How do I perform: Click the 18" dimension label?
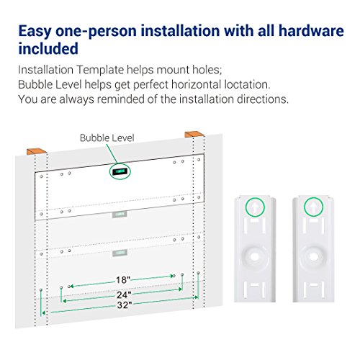coord(123,280)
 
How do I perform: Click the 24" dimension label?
coord(124,294)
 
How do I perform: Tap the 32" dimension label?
coord(125,305)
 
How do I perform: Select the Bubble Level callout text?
coord(107,138)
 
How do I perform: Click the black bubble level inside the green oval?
coord(120,171)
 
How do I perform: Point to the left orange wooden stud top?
coord(37,151)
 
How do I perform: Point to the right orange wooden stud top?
coord(194,135)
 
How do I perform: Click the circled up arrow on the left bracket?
coord(255,207)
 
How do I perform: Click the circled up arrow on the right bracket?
coord(313,207)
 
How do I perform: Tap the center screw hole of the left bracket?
coord(255,257)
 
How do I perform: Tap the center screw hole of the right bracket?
coord(313,256)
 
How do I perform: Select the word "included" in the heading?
coord(48,48)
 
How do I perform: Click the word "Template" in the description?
coord(100,70)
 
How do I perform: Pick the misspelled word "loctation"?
coord(247,84)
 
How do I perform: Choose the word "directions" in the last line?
coord(263,99)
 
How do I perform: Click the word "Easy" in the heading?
coord(35,32)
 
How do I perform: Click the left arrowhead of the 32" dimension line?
coord(43,313)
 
